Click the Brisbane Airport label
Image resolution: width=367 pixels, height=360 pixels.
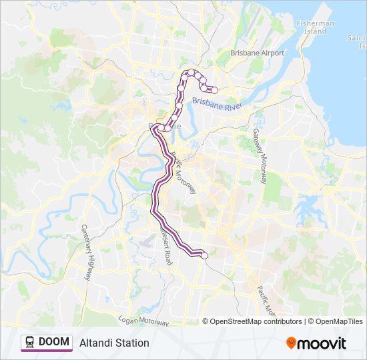click(x=257, y=53)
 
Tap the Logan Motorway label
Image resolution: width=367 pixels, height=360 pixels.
click(x=143, y=320)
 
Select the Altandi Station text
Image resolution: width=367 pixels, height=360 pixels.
click(x=114, y=343)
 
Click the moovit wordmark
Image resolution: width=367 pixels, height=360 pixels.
click(x=322, y=343)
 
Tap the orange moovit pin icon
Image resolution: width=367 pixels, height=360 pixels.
click(x=291, y=343)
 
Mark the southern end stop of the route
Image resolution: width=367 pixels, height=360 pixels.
click(x=204, y=255)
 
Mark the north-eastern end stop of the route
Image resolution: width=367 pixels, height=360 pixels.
click(x=214, y=91)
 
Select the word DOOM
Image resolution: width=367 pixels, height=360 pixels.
click(x=54, y=342)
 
